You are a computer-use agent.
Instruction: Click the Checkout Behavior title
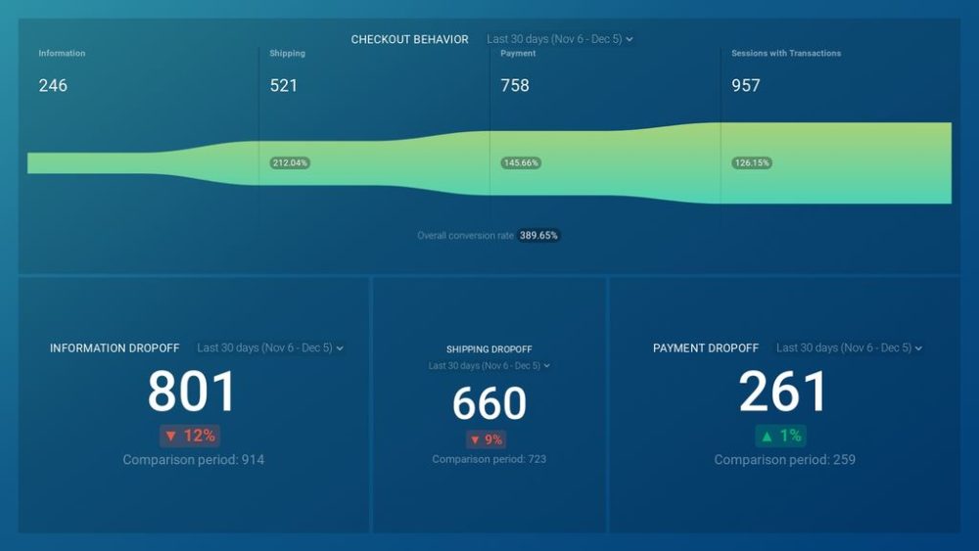point(409,39)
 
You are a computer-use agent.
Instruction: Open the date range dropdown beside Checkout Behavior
point(559,39)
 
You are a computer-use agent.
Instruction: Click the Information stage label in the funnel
point(62,54)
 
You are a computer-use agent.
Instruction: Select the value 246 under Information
point(53,85)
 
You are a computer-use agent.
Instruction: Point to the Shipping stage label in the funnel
point(286,54)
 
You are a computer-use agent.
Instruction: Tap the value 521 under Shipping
point(284,85)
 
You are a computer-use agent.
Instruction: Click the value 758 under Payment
point(515,85)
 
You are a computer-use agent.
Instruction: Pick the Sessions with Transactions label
point(786,54)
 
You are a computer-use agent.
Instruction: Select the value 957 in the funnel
point(746,85)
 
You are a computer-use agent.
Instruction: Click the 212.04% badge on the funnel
point(290,162)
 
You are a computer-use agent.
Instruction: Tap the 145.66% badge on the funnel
point(521,162)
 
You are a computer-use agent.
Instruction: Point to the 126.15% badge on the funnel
point(752,162)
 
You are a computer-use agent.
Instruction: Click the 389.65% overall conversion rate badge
point(539,236)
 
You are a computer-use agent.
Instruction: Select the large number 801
point(193,392)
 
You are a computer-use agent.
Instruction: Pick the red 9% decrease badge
point(488,440)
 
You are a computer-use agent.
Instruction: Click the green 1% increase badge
point(780,436)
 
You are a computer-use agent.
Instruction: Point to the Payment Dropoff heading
point(706,348)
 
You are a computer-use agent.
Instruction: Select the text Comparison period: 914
point(194,460)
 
